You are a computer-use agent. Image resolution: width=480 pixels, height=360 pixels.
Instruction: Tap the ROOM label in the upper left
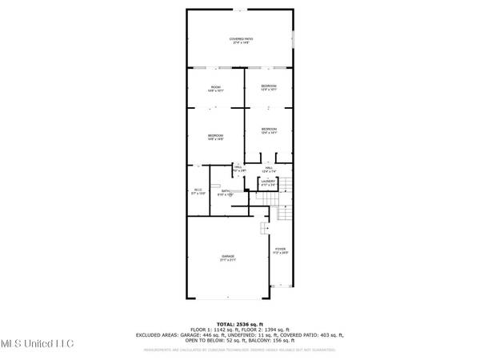point(215,86)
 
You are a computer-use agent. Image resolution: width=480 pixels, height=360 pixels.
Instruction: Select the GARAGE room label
point(228,256)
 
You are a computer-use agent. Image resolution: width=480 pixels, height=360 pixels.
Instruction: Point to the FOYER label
point(281,249)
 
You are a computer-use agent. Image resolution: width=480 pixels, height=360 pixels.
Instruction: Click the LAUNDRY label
point(269,182)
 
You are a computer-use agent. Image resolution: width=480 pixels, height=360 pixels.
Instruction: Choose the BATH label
point(226,190)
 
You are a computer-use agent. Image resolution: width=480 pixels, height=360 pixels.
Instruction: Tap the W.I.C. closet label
point(198,189)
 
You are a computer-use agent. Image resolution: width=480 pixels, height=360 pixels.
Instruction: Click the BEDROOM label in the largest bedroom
point(215,135)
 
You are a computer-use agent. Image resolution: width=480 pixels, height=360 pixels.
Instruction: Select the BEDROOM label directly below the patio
point(269,86)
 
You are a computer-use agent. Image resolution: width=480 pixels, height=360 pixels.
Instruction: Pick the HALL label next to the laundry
point(269,168)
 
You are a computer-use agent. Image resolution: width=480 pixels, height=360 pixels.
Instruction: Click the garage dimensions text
point(228,261)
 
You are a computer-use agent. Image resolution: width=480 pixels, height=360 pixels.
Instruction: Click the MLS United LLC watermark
point(37,343)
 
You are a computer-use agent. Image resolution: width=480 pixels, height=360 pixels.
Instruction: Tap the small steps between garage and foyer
point(263,229)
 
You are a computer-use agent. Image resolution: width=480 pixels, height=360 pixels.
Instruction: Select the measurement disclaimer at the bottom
point(240,350)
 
